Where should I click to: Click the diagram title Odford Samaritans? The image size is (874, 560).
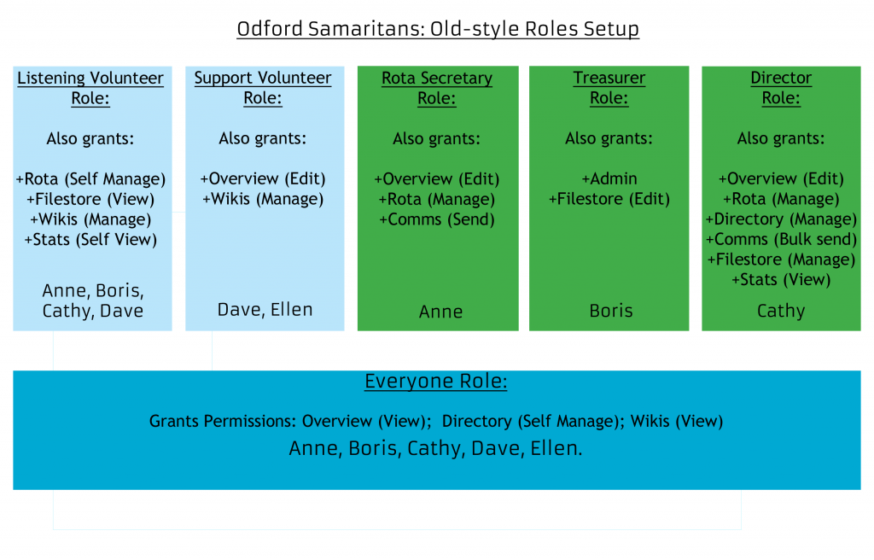click(x=438, y=28)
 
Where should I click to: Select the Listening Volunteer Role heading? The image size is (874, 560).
click(x=90, y=88)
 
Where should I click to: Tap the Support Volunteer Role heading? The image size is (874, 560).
click(x=263, y=88)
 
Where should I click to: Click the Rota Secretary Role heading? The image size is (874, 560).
click(x=437, y=88)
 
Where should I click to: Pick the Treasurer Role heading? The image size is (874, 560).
click(x=609, y=88)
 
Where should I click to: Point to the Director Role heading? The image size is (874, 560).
click(x=781, y=88)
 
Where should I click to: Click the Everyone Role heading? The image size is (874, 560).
click(x=436, y=381)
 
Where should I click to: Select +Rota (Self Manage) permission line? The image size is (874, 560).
click(x=90, y=179)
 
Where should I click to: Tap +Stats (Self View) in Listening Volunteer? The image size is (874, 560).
click(x=90, y=240)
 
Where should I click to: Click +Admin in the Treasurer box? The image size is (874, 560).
click(x=609, y=178)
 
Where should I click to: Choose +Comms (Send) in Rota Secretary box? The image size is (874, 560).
click(x=437, y=219)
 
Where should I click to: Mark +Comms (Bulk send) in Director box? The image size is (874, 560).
click(x=781, y=239)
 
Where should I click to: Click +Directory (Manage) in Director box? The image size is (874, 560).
click(x=781, y=219)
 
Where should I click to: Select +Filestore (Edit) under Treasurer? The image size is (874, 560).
click(x=609, y=199)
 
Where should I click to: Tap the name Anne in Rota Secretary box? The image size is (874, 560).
click(x=441, y=312)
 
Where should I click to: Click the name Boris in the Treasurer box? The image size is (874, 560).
click(x=611, y=311)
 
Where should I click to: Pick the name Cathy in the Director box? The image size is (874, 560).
click(x=781, y=312)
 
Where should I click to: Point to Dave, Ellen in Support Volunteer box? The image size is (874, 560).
click(x=265, y=310)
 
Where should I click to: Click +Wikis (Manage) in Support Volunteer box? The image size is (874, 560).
click(x=263, y=199)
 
